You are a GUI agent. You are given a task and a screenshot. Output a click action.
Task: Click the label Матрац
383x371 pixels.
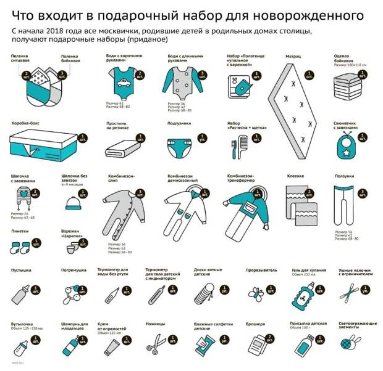point(293,57)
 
